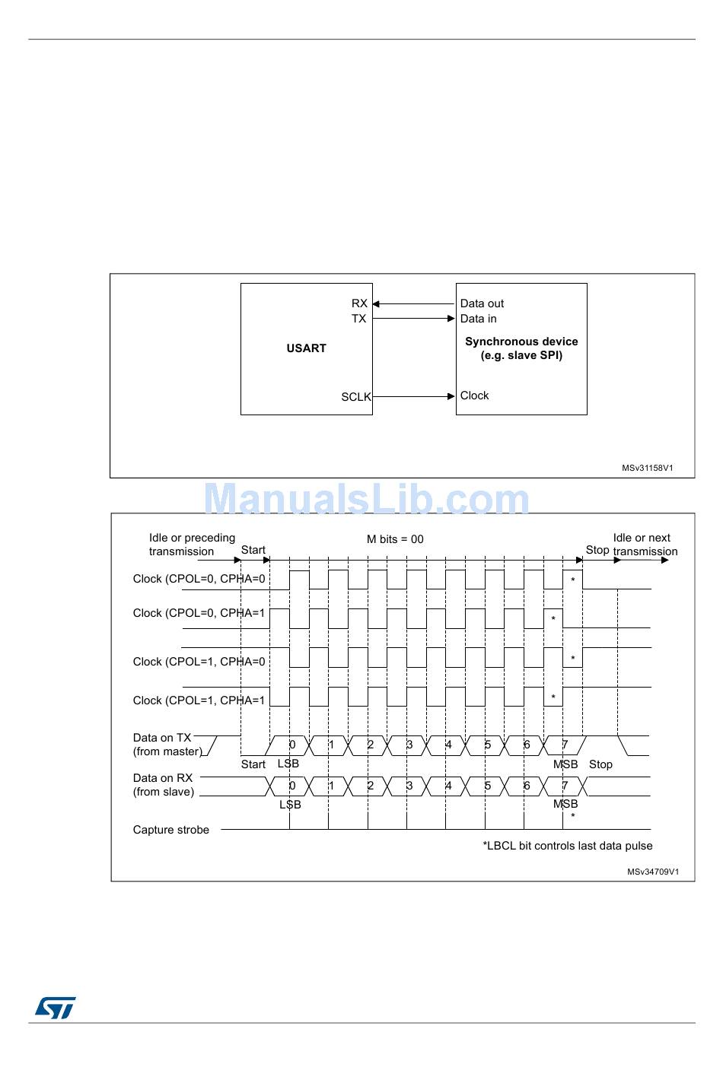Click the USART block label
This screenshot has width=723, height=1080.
coord(306,348)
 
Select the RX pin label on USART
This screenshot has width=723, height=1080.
coord(359,303)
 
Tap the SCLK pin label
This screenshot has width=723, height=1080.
coord(355,397)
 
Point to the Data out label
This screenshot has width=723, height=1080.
coord(482,303)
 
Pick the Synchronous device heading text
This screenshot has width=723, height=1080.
coord(521,341)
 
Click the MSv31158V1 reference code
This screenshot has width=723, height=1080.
coord(647,469)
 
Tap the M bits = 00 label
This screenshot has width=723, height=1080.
coord(395,539)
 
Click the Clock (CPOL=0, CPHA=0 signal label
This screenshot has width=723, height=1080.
coord(199,579)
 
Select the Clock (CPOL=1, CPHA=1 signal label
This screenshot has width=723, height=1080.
coord(199,700)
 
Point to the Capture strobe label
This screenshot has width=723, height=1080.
coord(170,830)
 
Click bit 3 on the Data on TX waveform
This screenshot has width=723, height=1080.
coord(409,745)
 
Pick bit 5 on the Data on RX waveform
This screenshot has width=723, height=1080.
coord(488,786)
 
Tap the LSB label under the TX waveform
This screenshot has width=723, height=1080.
coord(288,764)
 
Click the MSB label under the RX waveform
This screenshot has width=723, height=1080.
coord(565,804)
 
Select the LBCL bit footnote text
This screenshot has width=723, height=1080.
coord(568,846)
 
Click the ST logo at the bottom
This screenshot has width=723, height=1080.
coord(55,1009)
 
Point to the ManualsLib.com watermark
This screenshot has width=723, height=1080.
coord(366,500)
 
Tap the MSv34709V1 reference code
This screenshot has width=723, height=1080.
coord(653,872)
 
